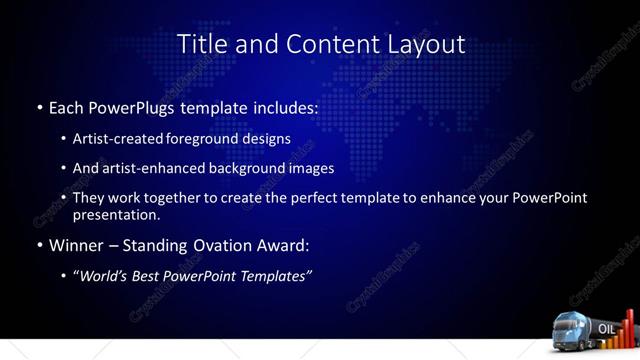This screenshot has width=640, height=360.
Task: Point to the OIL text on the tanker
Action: click(606, 329)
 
